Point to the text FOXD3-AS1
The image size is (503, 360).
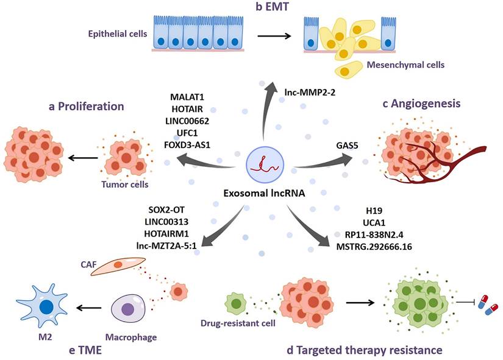point(191,145)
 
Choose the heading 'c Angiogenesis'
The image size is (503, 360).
point(421,104)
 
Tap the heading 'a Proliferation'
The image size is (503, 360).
point(86,107)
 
